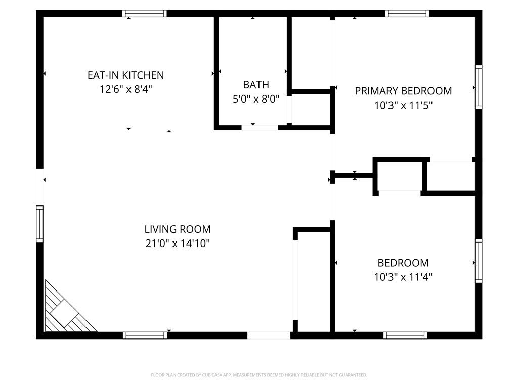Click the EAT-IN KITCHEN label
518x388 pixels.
point(125,75)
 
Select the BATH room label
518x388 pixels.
point(256,85)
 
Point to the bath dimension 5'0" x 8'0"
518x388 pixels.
point(256,100)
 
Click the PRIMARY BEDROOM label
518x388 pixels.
point(403,91)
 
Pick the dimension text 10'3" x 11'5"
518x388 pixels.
point(403,106)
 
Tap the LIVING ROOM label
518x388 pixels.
point(178,229)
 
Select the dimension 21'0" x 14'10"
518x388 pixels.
point(178,244)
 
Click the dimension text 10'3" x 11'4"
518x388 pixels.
point(403,277)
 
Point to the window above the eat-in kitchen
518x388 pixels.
point(145,14)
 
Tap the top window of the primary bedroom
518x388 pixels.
point(407,14)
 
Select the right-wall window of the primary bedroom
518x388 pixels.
point(478,86)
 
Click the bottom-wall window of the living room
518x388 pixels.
point(145,335)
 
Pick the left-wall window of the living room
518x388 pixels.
point(39,223)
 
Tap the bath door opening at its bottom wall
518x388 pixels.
point(260,127)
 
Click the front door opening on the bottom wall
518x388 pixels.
point(269,335)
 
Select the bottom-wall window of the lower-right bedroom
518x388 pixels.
point(405,335)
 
